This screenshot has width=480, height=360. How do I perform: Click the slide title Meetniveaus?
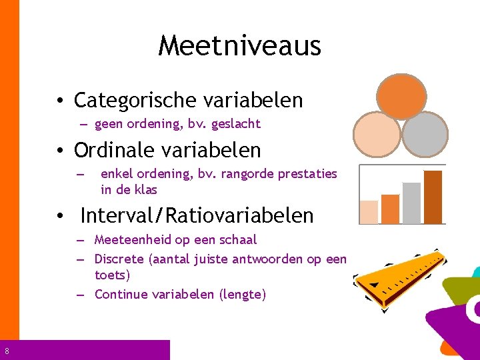click(x=240, y=46)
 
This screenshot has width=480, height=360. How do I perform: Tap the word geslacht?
click(x=237, y=124)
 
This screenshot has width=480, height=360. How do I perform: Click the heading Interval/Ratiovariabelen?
click(x=197, y=215)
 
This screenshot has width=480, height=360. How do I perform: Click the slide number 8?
click(x=6, y=351)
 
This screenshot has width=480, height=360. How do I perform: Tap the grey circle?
click(x=425, y=134)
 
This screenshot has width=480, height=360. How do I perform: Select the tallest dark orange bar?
click(x=433, y=197)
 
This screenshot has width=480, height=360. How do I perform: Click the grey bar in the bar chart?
click(x=412, y=203)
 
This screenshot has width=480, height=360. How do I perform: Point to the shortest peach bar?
click(x=369, y=211)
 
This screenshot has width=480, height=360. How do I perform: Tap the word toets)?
click(x=113, y=275)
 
